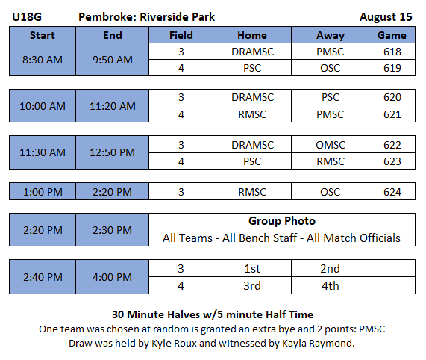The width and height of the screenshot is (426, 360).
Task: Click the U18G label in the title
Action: point(27,17)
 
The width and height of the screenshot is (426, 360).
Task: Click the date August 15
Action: point(386,17)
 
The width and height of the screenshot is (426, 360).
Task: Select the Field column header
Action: point(181,35)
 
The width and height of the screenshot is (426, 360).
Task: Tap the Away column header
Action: point(330,35)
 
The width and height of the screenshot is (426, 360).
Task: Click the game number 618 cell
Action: point(392,52)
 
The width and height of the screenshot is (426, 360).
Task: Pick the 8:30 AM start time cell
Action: point(43,60)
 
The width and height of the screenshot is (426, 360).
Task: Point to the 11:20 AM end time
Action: point(113,106)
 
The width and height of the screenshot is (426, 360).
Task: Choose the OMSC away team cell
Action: point(330,145)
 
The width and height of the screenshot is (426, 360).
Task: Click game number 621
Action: point(392,114)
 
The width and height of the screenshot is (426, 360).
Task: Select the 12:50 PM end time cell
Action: point(113,152)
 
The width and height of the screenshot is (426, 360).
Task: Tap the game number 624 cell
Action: point(392,192)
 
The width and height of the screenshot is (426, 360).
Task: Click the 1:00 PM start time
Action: point(43,192)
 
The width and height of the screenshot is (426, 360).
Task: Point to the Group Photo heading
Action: point(282,221)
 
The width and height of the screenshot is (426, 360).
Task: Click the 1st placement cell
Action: point(252,268)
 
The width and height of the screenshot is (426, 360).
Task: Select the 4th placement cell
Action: point(330,285)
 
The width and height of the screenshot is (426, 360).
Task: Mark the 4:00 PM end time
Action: point(112,277)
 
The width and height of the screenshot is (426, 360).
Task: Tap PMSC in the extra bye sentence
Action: point(372,329)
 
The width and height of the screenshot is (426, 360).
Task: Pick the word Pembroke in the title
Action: point(107,17)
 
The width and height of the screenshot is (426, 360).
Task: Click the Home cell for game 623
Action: point(252,161)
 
